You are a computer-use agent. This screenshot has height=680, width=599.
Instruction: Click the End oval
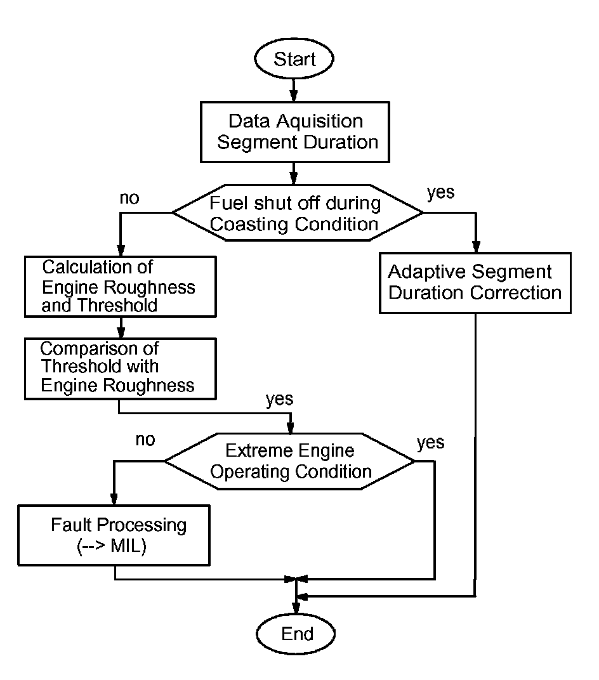coord(296,634)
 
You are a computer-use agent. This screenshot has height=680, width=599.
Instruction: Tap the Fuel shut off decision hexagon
coord(297,213)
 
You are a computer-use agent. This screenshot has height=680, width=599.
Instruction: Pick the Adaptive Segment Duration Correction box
coord(475,282)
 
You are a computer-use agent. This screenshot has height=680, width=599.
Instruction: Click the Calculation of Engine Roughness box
coord(120,286)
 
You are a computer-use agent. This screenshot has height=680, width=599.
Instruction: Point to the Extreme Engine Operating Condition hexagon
coord(290,461)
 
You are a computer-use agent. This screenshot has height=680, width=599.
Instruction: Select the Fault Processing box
coord(115,534)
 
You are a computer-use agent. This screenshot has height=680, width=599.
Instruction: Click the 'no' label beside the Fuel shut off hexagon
coord(130,199)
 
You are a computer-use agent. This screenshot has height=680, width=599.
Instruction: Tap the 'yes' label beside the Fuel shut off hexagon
coord(441,192)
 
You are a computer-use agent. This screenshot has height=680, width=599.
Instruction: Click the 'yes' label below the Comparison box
coord(279,399)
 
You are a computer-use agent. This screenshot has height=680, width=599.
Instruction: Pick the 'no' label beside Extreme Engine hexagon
coord(145,439)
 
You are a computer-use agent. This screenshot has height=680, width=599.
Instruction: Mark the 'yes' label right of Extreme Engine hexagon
coord(431,442)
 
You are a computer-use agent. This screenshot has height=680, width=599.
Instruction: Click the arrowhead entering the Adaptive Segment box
coord(475,248)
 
